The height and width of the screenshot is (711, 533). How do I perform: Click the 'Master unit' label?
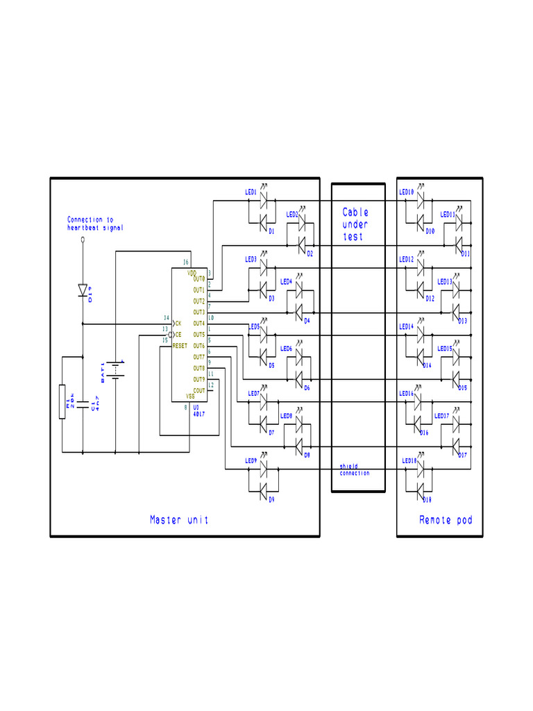179,519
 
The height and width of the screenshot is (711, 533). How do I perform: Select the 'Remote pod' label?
446,519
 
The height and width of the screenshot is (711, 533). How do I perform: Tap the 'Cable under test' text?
355,224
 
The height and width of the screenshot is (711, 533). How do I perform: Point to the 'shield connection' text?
355,470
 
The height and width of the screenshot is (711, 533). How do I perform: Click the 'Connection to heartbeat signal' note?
95,224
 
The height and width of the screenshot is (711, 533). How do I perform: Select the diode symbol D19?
83,290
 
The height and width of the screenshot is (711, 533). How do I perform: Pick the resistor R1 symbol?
62,401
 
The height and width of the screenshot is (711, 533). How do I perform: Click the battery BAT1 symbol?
115,371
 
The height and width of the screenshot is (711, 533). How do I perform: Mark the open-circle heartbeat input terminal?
83,239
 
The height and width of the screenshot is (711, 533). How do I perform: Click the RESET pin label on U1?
180,345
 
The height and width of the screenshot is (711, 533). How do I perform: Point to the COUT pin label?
198,390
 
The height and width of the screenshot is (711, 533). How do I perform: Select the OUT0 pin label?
198,278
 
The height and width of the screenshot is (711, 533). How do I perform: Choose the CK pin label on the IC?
178,323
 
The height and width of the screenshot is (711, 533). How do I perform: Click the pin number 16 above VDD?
185,262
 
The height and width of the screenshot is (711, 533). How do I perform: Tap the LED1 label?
251,192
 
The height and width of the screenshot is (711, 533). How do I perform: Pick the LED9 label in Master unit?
251,460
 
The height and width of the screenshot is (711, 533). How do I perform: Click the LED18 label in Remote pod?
409,460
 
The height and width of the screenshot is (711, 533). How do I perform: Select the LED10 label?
406,192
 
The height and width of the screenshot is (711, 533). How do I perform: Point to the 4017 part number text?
199,414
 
